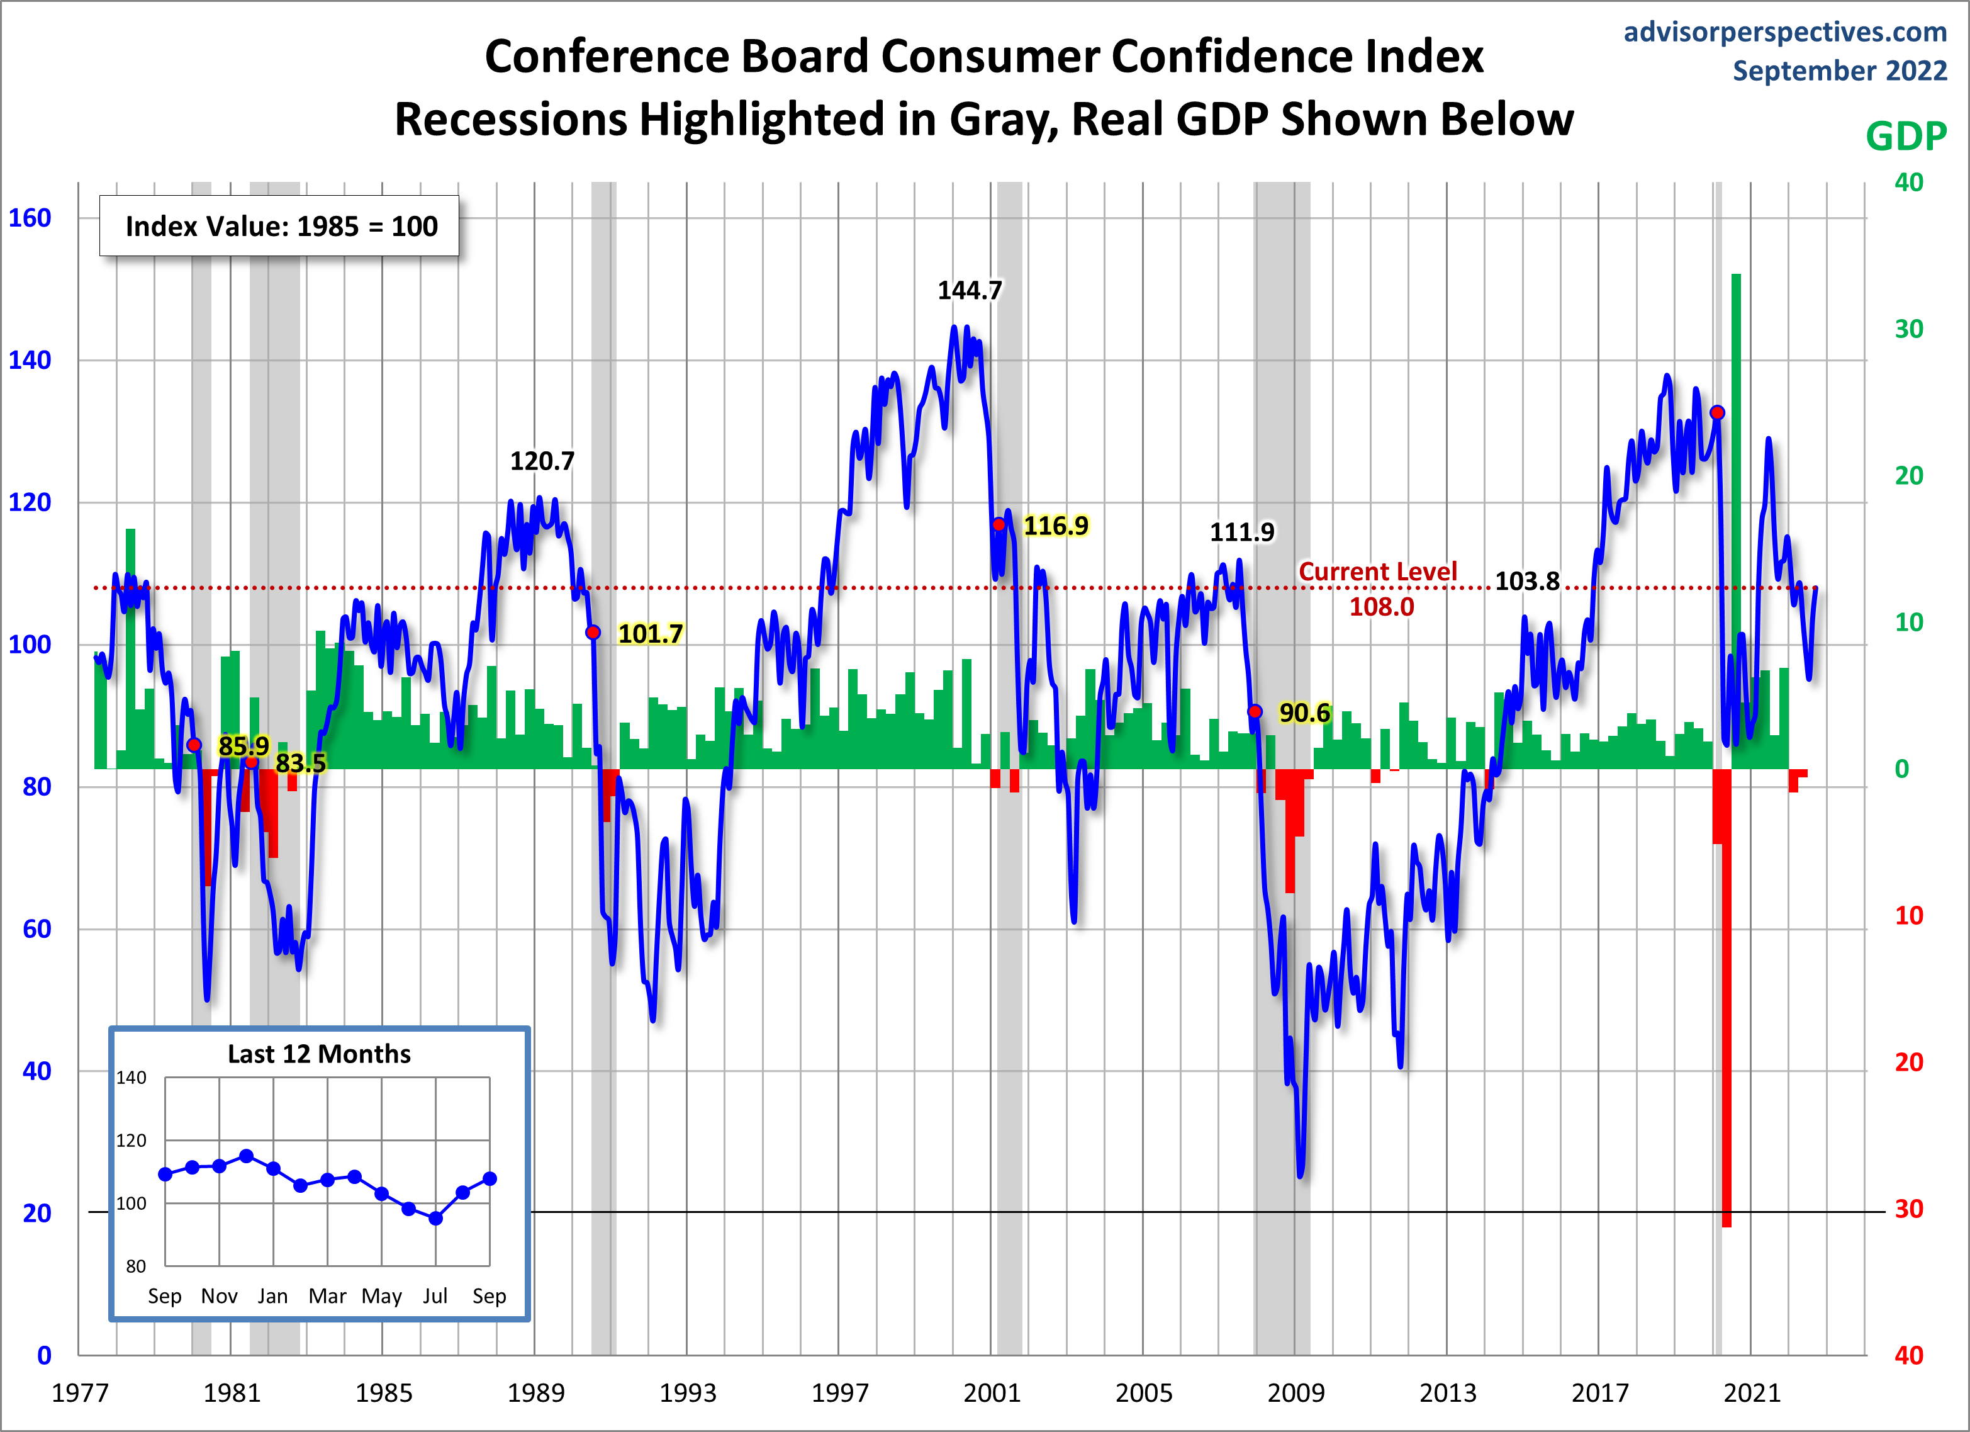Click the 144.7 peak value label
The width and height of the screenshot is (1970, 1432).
coord(970,290)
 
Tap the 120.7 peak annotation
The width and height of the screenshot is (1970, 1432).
coord(542,461)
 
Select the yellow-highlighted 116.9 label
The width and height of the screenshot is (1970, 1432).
coord(1055,526)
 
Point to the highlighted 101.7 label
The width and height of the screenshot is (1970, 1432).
coord(650,633)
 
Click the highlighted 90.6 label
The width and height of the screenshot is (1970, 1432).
coord(1304,713)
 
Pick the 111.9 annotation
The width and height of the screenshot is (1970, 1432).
coord(1242,532)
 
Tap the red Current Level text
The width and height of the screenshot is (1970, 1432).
coord(1377,572)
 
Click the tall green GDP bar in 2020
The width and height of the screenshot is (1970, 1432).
coord(1735,521)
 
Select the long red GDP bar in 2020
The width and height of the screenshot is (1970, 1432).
coord(1726,1000)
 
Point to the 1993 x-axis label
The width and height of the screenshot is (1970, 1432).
coord(688,1393)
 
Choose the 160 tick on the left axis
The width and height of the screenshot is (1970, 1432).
coord(30,218)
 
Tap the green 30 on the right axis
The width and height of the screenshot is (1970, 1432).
coord(1908,329)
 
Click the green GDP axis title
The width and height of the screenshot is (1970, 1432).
coord(1906,137)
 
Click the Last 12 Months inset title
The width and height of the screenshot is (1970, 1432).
coord(319,1054)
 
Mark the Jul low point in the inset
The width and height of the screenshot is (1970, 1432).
coord(436,1218)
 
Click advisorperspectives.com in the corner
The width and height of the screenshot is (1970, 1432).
coord(1785,32)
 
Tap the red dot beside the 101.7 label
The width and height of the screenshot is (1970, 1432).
coord(593,633)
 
